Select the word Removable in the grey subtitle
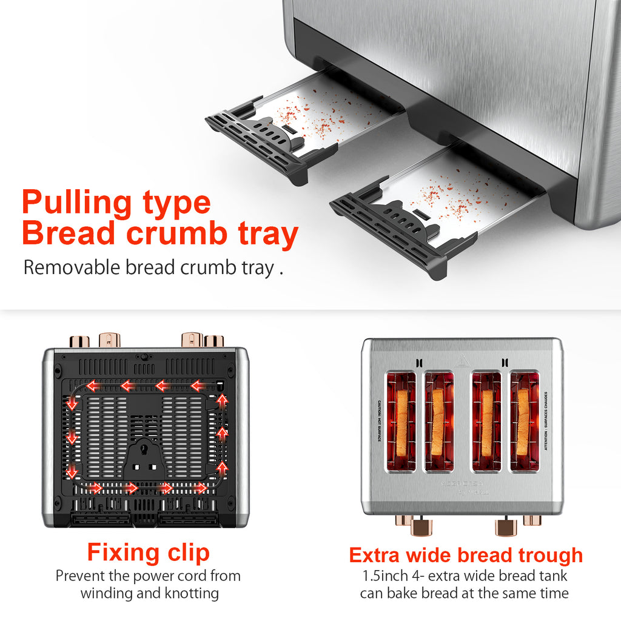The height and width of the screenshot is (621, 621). (x=72, y=267)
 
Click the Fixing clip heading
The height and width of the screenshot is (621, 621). (x=148, y=552)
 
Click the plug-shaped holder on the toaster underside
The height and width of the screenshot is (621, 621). (x=145, y=455)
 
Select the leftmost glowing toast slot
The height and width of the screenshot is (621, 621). (x=401, y=422)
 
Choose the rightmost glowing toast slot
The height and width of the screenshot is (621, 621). (x=524, y=422)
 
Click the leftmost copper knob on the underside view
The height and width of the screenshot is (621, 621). (x=79, y=341)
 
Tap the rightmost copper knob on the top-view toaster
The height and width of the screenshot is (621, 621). (x=532, y=520)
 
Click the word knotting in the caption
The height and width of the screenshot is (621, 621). (x=189, y=592)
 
